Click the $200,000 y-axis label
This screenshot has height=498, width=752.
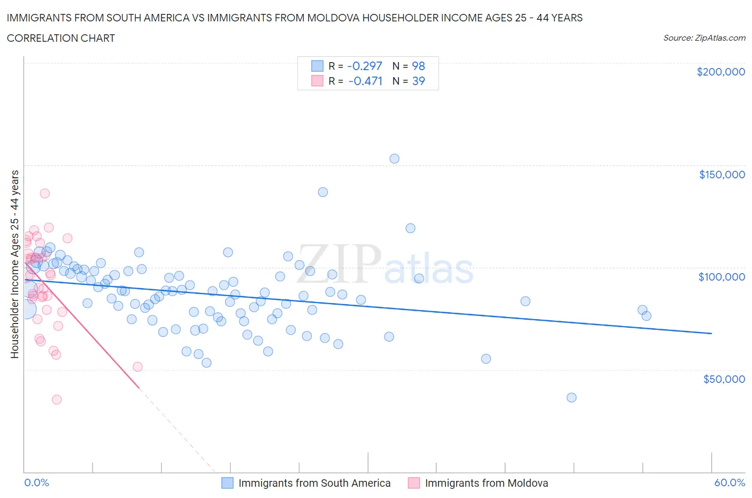[x=720, y=72]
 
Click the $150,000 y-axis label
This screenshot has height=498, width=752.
[x=722, y=175]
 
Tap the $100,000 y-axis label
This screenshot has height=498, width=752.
[x=722, y=277]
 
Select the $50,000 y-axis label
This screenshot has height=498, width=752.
[x=724, y=379]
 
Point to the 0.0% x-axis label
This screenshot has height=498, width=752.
[x=36, y=482]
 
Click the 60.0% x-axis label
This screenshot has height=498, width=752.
[x=730, y=482]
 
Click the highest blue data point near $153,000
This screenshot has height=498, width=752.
[x=394, y=159]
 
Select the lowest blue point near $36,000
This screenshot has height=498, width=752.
[x=571, y=397]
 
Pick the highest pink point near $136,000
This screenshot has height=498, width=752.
[x=45, y=193]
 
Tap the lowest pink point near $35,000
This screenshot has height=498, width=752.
[x=57, y=399]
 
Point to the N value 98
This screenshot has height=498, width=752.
[x=418, y=66]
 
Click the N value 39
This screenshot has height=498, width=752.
[x=418, y=81]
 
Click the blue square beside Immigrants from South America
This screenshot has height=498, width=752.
[x=227, y=483]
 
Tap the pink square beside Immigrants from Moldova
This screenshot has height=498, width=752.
[x=414, y=483]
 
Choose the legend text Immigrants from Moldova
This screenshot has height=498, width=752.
[x=486, y=483]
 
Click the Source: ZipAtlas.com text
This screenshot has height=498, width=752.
[x=704, y=38]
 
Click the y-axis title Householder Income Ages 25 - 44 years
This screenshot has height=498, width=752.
[x=15, y=264]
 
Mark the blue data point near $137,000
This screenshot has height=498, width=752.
[x=323, y=192]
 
